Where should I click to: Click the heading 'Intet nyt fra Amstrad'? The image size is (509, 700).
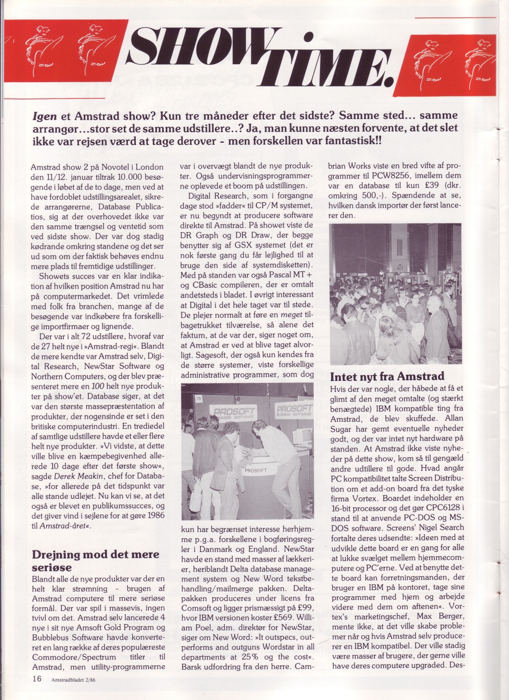(x=387, y=376)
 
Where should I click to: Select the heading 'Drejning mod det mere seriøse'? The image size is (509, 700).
(x=95, y=560)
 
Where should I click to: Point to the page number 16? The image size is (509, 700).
(x=36, y=679)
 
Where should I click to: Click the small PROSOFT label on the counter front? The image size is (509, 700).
(x=256, y=470)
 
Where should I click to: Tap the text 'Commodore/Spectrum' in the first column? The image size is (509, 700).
(x=74, y=657)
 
